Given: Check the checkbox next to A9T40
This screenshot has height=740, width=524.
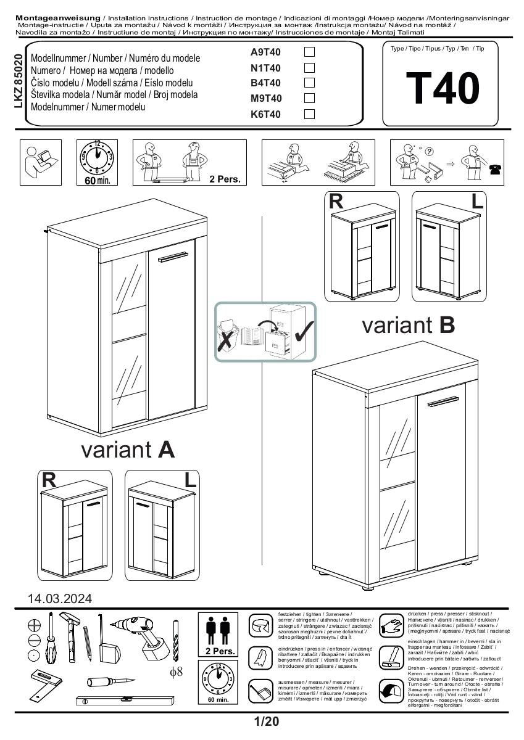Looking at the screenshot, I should [310, 52].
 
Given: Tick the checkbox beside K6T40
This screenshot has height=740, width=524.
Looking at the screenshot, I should [310, 113].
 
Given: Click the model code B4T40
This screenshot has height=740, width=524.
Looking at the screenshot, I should [265, 83].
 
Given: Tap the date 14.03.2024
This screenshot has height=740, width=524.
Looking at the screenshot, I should [60, 598].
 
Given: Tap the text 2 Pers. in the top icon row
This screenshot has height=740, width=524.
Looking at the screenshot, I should [224, 179].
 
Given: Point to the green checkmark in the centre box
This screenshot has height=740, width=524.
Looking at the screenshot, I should [302, 332].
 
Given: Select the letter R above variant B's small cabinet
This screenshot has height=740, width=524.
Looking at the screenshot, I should [336, 202].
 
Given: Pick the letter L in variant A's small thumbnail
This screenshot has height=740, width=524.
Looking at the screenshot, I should [189, 480].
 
